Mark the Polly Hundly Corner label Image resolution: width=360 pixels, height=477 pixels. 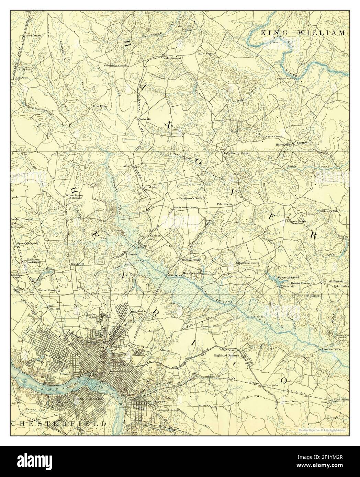click(x=237, y=153)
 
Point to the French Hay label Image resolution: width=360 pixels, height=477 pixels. click(x=100, y=106)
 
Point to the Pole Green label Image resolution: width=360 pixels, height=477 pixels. click(x=225, y=204)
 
